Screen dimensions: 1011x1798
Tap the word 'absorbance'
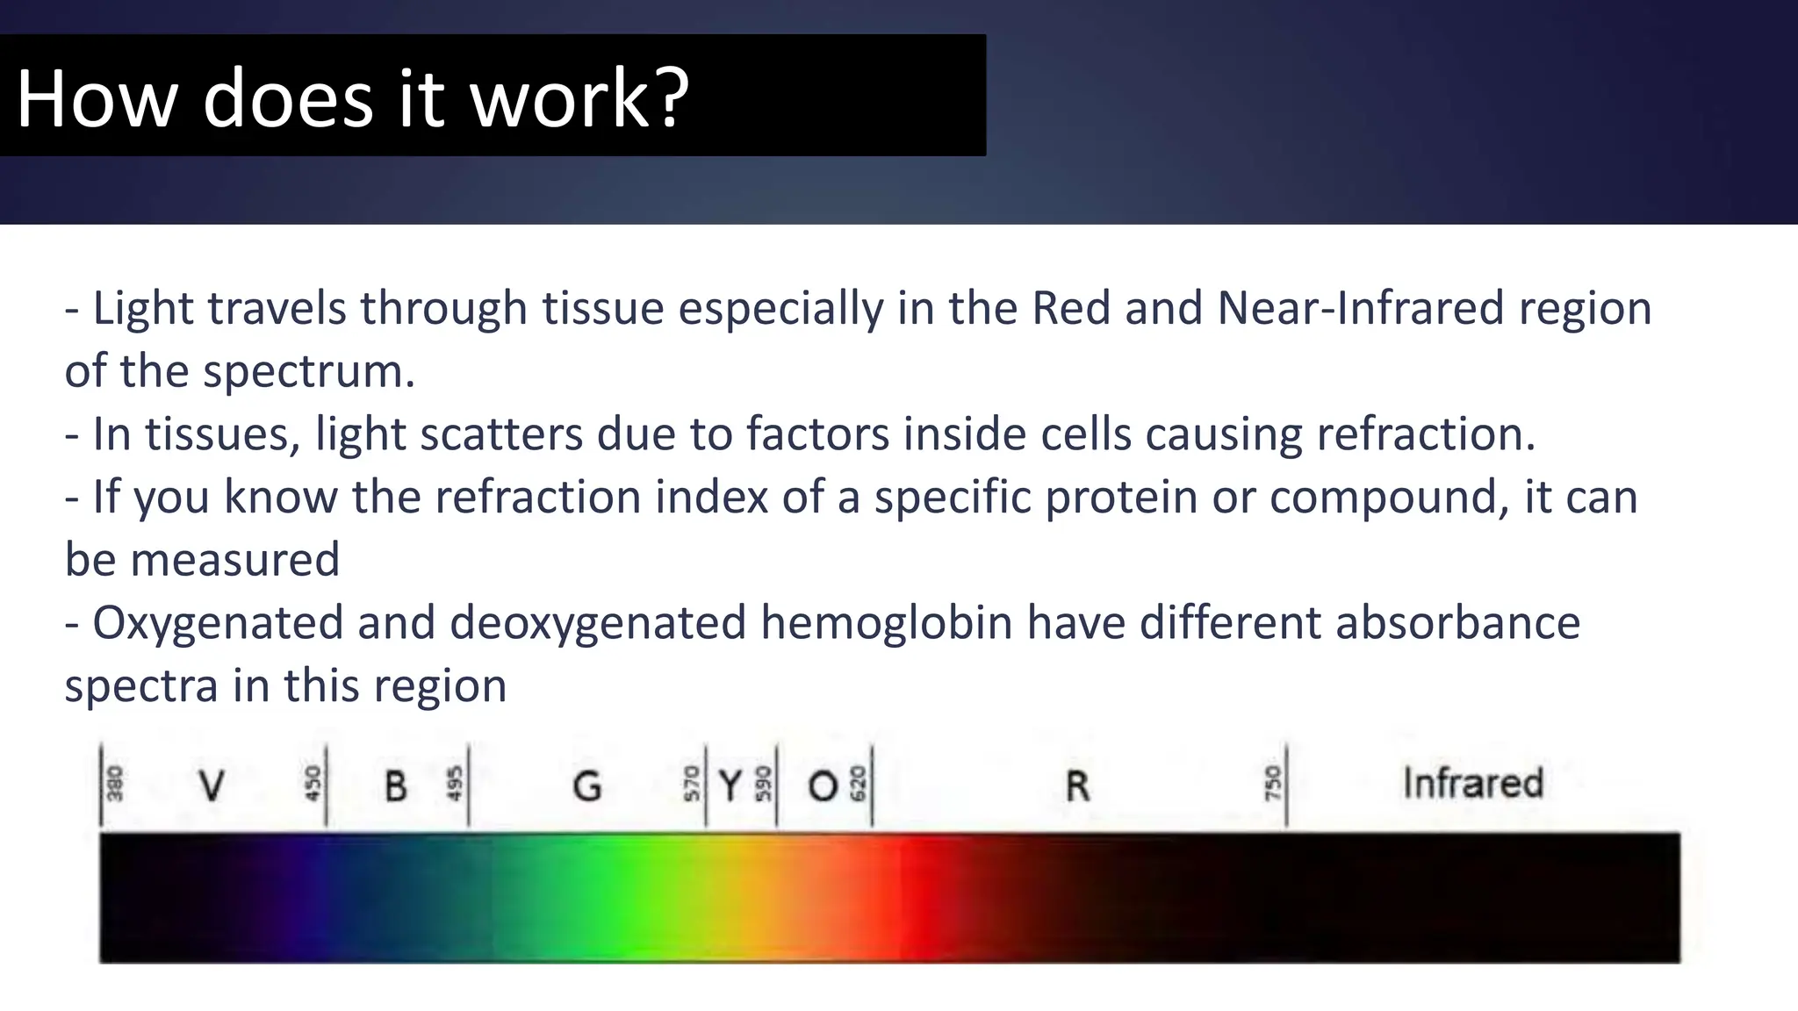(1457, 622)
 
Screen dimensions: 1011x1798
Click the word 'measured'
(234, 560)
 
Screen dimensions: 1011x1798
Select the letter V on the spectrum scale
(211, 785)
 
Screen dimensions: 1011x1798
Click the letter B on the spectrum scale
(396, 785)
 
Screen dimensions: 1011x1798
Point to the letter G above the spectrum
(586, 785)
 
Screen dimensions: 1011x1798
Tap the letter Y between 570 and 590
(730, 785)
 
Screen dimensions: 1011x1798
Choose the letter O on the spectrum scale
(823, 785)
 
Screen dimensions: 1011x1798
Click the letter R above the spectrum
(1077, 785)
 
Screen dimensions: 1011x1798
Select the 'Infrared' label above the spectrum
(1472, 783)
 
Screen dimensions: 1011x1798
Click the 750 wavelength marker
(1272, 783)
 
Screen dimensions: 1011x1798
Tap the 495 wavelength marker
(454, 783)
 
